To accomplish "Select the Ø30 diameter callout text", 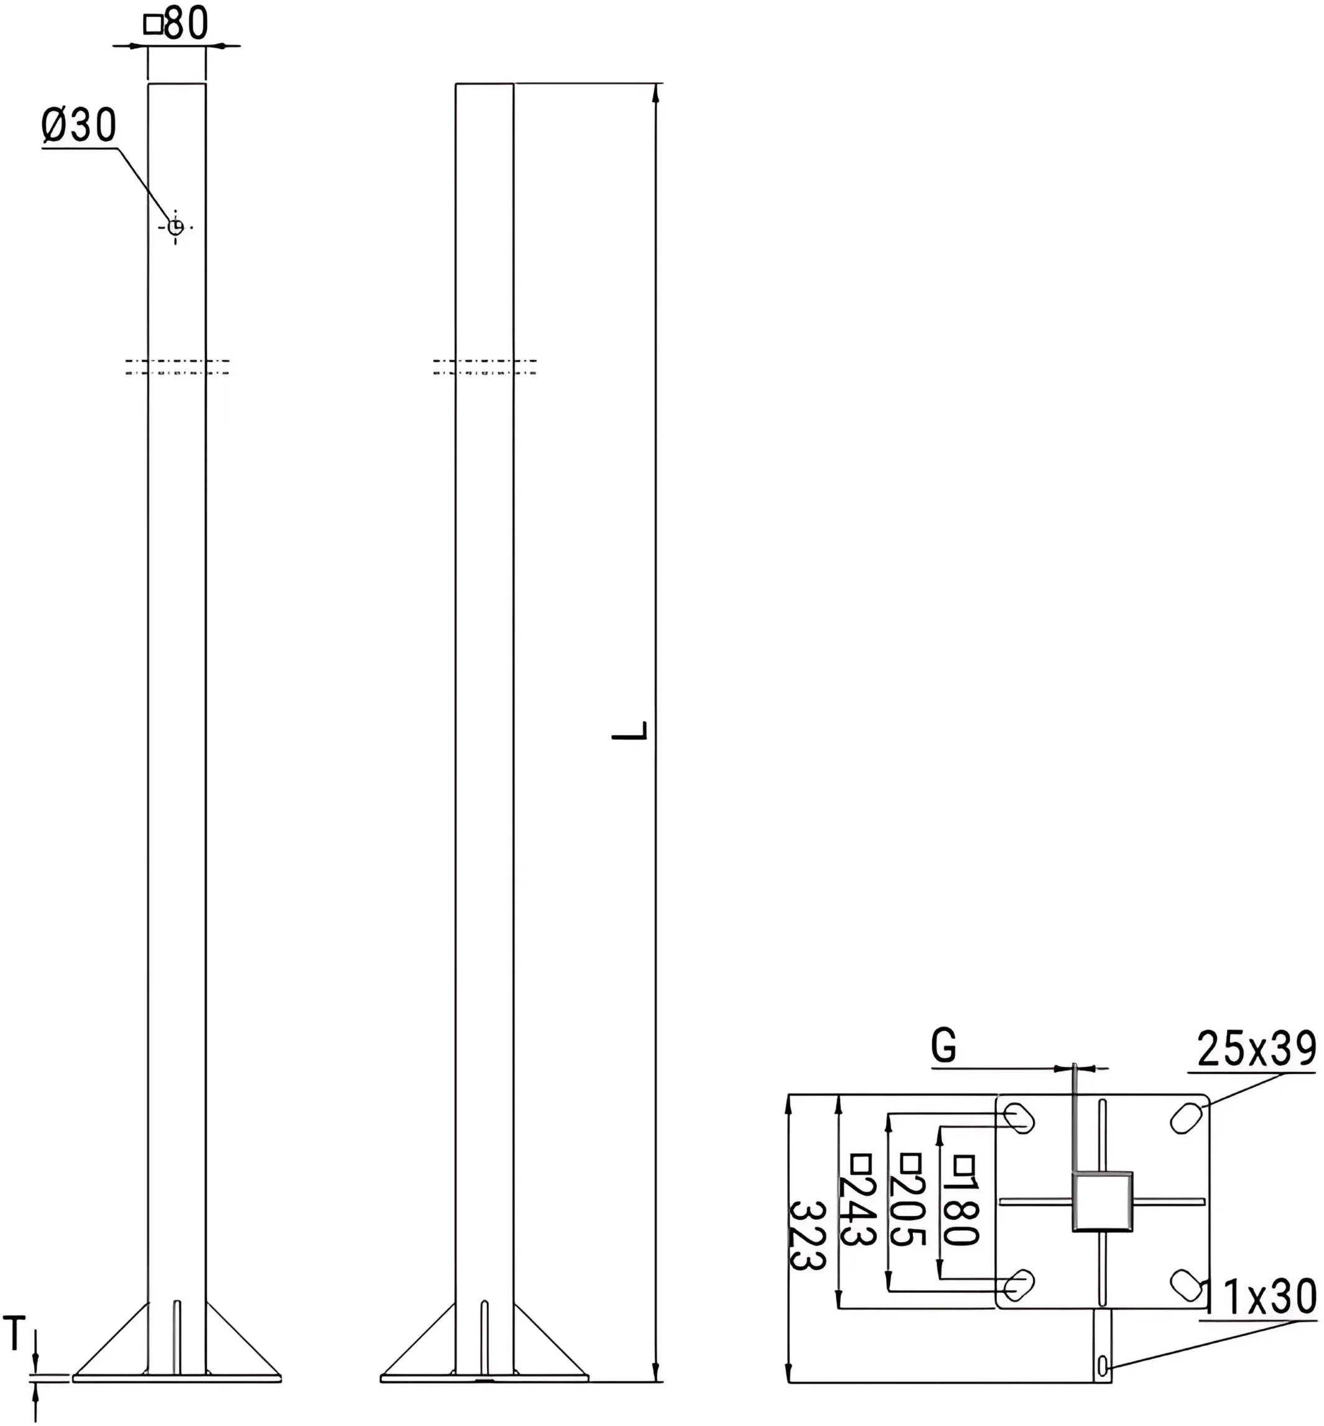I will pyautogui.click(x=79, y=126).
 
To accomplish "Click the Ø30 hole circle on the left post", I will pyautogui.click(x=175, y=227).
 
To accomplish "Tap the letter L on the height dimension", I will pyautogui.click(x=630, y=730).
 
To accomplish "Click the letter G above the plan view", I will pyautogui.click(x=943, y=1046).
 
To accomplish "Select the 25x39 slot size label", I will pyautogui.click(x=1257, y=1050).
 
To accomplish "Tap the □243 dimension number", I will pyautogui.click(x=858, y=1210).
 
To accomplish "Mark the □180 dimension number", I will pyautogui.click(x=960, y=1210).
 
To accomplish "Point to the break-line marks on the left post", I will pyautogui.click(x=177, y=367).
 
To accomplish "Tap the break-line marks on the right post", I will pyautogui.click(x=484, y=367).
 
